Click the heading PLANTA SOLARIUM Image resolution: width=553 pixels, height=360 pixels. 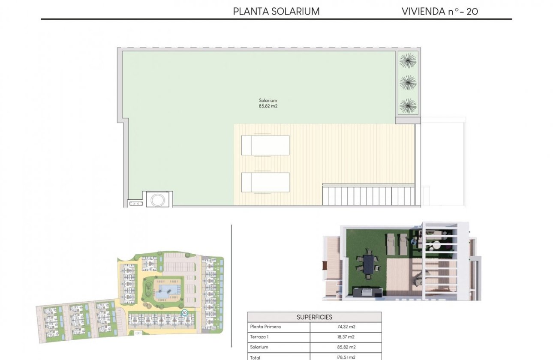[276, 12]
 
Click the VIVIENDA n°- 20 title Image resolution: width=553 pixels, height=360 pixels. [439, 12]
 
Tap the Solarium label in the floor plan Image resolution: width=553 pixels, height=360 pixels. [268, 100]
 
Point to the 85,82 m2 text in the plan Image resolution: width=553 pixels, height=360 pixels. [268, 106]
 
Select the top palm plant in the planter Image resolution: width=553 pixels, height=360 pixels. [408, 60]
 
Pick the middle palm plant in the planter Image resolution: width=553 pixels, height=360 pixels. [408, 82]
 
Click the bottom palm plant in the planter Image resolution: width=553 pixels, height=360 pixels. [408, 105]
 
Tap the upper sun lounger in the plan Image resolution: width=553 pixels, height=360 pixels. [265, 145]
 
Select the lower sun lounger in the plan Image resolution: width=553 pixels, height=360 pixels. [265, 182]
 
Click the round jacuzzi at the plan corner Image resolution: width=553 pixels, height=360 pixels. [159, 199]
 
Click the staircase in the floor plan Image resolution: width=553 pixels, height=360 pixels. [369, 195]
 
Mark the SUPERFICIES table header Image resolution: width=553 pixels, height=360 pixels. [314, 317]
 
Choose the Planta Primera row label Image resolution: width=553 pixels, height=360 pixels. [265, 327]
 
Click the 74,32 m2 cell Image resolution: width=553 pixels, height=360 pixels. [346, 327]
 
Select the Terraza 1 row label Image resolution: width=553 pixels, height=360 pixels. [260, 337]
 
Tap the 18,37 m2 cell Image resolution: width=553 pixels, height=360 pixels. [346, 337]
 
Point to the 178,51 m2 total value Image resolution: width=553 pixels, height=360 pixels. [346, 357]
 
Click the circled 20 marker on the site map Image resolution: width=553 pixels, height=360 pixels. [184, 313]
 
